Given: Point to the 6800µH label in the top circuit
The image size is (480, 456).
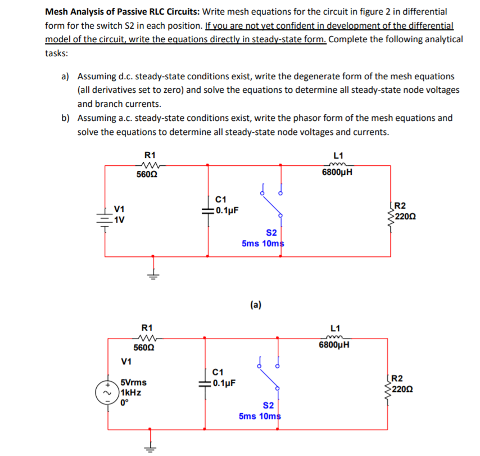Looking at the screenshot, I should [x=337, y=172].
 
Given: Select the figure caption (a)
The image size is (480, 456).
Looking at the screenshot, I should [x=255, y=305].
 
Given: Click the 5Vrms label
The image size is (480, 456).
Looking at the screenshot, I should [x=134, y=383].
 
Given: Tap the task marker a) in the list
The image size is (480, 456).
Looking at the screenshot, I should [x=65, y=76].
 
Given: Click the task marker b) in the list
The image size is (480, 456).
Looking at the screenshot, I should [x=65, y=118].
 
